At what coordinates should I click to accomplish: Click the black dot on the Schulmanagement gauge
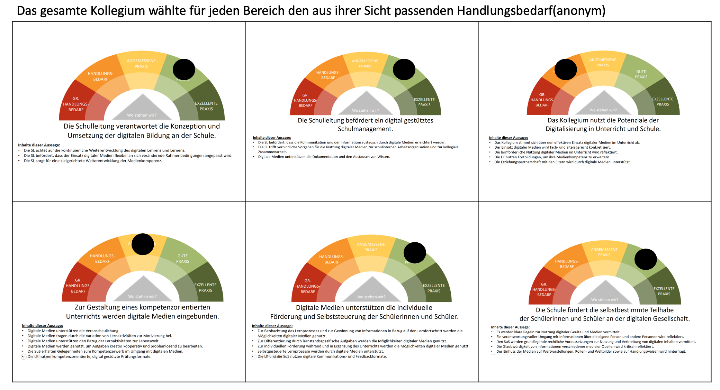coord(404,69)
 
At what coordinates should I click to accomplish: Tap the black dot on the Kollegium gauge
coord(566,69)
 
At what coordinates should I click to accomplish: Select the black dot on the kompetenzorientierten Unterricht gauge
coord(143,244)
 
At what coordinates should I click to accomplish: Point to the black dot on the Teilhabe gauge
coord(646,259)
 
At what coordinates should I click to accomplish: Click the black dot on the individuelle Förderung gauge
coord(415,252)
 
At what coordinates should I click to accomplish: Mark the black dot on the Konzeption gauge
coord(184,69)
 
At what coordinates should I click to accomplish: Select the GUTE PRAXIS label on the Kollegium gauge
coord(641,74)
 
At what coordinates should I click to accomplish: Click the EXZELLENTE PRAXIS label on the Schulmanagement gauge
coord(424,102)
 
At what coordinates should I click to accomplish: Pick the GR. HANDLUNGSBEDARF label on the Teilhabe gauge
coord(544,289)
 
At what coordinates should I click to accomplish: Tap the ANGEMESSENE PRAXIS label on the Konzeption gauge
coord(141,64)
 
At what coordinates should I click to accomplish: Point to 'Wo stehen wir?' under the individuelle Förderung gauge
coord(371,297)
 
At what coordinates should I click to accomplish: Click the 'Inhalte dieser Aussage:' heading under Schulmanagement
coord(272,138)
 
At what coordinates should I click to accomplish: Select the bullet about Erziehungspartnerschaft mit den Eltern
coord(562,162)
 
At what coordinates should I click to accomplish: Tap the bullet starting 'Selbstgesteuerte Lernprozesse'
coord(320,351)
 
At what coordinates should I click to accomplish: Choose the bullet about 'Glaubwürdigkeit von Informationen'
coord(575,346)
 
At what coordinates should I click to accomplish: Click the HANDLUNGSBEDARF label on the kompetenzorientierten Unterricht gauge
coord(102,259)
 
